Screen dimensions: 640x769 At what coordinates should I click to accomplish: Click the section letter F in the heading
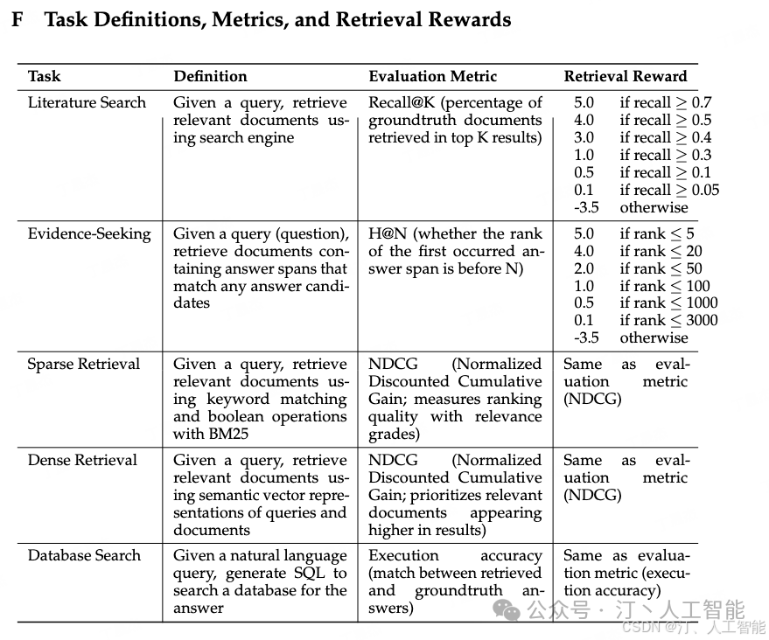[x=17, y=20]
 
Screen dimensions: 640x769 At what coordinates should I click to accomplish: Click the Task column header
[x=45, y=76]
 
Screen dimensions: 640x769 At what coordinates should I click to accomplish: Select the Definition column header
[x=210, y=76]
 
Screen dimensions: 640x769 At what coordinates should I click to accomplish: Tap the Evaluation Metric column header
[x=432, y=76]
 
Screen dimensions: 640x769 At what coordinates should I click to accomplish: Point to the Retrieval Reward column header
[x=625, y=76]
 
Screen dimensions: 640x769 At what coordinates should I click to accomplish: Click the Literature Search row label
[x=87, y=102]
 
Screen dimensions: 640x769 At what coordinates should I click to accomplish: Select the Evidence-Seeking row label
[x=89, y=233]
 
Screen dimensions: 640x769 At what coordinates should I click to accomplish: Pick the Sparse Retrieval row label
[x=83, y=364]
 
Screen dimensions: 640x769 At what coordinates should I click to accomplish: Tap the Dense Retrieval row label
[x=82, y=460]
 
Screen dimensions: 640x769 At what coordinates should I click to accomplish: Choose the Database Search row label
[x=84, y=555]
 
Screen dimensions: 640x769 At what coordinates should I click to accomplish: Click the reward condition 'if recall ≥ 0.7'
[x=665, y=102]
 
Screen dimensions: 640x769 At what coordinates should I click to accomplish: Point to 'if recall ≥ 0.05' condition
[x=668, y=190]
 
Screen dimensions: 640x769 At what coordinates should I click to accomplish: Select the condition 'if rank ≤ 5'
[x=656, y=233]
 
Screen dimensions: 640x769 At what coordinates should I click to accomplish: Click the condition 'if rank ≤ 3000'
[x=668, y=320]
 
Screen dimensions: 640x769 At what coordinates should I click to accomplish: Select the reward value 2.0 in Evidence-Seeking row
[x=584, y=268]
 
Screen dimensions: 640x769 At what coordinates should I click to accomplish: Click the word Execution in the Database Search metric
[x=403, y=555]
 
